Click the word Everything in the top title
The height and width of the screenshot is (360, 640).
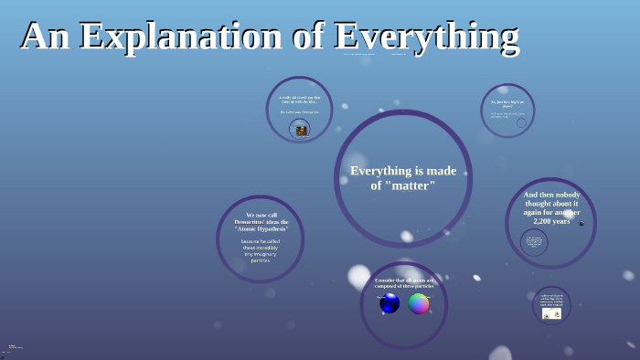click(x=427, y=37)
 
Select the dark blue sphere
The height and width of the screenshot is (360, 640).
click(x=389, y=303)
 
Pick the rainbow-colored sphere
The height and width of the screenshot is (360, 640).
click(x=419, y=303)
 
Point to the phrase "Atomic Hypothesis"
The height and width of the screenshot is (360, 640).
click(x=261, y=228)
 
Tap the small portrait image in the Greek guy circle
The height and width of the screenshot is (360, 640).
click(x=301, y=130)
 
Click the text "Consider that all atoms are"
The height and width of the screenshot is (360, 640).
click(x=404, y=280)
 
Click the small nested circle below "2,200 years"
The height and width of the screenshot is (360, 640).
click(x=534, y=242)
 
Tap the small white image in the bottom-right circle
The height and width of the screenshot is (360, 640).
click(x=551, y=313)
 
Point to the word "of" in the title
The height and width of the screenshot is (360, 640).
click(x=311, y=37)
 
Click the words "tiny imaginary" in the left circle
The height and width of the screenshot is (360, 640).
click(x=261, y=254)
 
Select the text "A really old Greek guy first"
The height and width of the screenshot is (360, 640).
click(x=299, y=98)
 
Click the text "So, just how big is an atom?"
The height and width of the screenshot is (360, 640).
click(x=507, y=103)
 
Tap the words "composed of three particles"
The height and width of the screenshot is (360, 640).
click(x=404, y=286)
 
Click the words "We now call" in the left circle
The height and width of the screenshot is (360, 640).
click(x=261, y=215)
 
